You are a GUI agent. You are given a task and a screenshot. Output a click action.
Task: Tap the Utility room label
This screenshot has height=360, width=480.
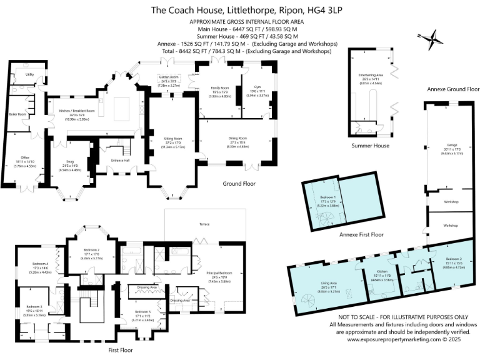coord(29,74)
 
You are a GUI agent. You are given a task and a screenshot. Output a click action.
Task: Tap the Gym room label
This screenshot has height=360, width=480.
coord(256,88)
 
